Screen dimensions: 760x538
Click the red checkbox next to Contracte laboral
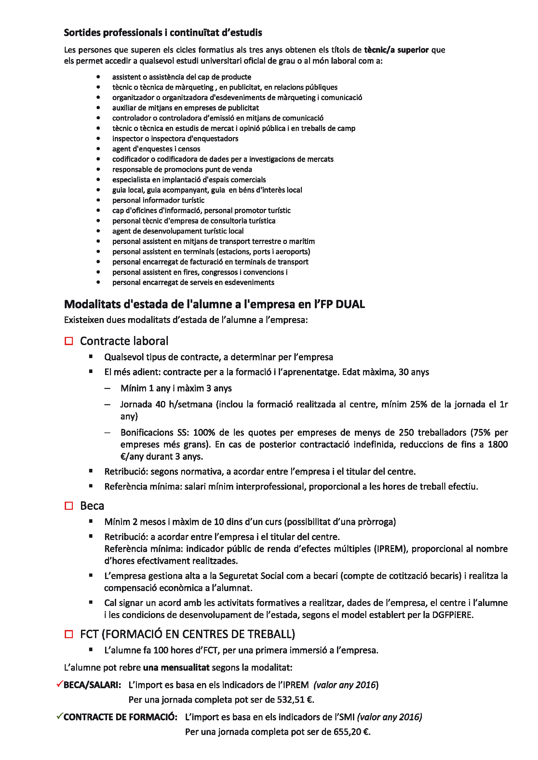[69, 341]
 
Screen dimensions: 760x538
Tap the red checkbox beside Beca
[69, 506]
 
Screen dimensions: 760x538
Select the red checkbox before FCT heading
[69, 634]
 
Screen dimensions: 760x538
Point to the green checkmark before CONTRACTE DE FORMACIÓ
[60, 716]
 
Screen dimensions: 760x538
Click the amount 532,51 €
[295, 700]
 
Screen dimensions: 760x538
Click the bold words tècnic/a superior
[396, 50]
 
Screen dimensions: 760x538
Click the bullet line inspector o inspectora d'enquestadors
[175, 139]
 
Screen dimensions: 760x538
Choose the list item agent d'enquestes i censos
[156, 149]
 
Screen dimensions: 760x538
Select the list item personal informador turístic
[158, 200]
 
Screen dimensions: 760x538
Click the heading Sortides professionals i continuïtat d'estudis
[163, 33]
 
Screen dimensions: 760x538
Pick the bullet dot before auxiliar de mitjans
[98, 108]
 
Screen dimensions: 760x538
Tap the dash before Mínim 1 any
[107, 388]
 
